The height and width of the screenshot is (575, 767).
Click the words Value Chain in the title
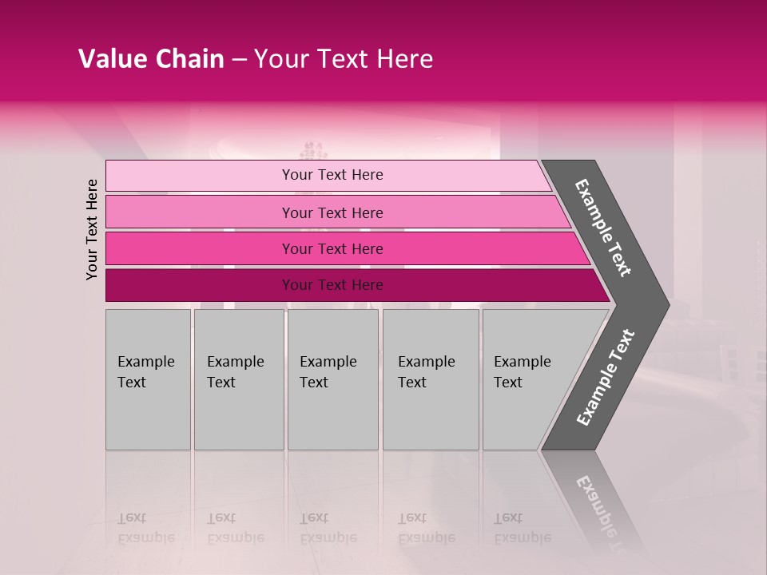151,59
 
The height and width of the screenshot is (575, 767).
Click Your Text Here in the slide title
344,59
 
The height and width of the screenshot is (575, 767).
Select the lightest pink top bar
200,176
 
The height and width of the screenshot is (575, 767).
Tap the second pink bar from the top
200,212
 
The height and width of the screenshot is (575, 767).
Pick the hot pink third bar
200,248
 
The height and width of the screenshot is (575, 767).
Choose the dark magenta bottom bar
200,285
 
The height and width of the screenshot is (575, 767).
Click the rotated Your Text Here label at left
92,229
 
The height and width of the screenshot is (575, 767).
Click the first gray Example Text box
148,379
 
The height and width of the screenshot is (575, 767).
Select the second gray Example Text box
238,379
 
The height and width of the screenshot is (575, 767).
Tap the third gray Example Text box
332,379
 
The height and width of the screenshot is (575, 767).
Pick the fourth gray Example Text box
431,379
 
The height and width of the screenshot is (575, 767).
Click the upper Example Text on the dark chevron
603,228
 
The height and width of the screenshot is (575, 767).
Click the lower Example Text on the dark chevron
606,378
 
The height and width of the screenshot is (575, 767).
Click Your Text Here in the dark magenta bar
332,285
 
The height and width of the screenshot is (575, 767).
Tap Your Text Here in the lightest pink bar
332,175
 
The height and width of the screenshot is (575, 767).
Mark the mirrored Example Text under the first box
145,528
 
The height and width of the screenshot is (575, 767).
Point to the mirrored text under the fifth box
522,528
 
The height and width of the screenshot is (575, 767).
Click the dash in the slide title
239,60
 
